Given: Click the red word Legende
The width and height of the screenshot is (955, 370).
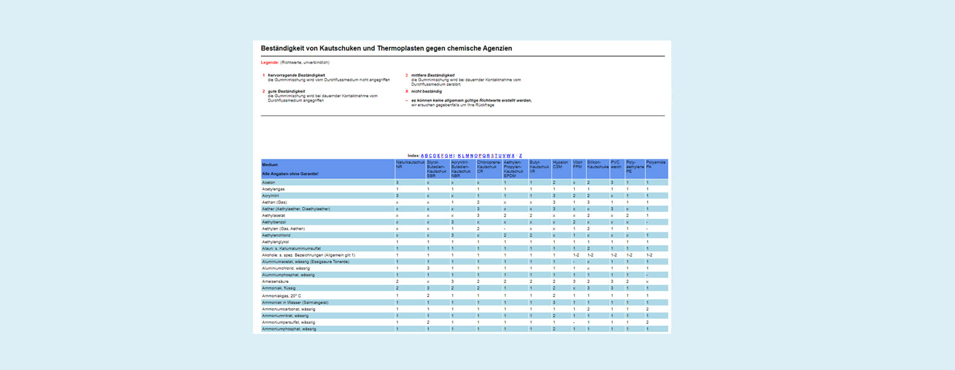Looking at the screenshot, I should (x=270, y=62).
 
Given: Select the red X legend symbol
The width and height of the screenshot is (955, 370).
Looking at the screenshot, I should (x=406, y=91).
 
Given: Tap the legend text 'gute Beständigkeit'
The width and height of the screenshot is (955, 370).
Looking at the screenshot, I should (x=286, y=91).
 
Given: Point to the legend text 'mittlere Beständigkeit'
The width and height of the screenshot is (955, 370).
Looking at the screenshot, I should (x=433, y=75).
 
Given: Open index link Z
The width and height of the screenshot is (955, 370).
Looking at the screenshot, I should (x=520, y=156).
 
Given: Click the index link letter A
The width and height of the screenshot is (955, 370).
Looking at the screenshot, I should (x=422, y=156).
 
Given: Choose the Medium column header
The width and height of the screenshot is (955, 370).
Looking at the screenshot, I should (x=269, y=165).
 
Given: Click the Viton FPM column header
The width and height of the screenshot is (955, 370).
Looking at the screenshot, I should (x=577, y=164).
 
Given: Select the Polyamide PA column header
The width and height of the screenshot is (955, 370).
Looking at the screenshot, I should (x=656, y=164).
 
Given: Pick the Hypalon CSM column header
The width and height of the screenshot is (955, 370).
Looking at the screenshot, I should (x=560, y=164).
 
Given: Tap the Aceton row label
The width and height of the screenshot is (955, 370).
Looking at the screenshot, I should (x=269, y=183).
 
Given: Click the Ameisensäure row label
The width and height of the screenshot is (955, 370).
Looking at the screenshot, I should (x=275, y=281).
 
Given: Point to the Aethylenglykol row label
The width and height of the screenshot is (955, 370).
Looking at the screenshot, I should (x=277, y=242).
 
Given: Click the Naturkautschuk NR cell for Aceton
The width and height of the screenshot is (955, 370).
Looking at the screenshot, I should (x=397, y=183).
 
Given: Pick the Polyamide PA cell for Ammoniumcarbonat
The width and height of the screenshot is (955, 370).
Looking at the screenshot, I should (x=648, y=309).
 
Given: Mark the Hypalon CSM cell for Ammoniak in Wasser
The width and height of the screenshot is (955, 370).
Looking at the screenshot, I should (x=554, y=302).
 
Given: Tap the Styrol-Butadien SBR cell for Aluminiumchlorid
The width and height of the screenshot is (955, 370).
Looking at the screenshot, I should (x=428, y=268).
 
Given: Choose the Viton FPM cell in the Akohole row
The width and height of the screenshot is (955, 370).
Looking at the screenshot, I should (x=576, y=255).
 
